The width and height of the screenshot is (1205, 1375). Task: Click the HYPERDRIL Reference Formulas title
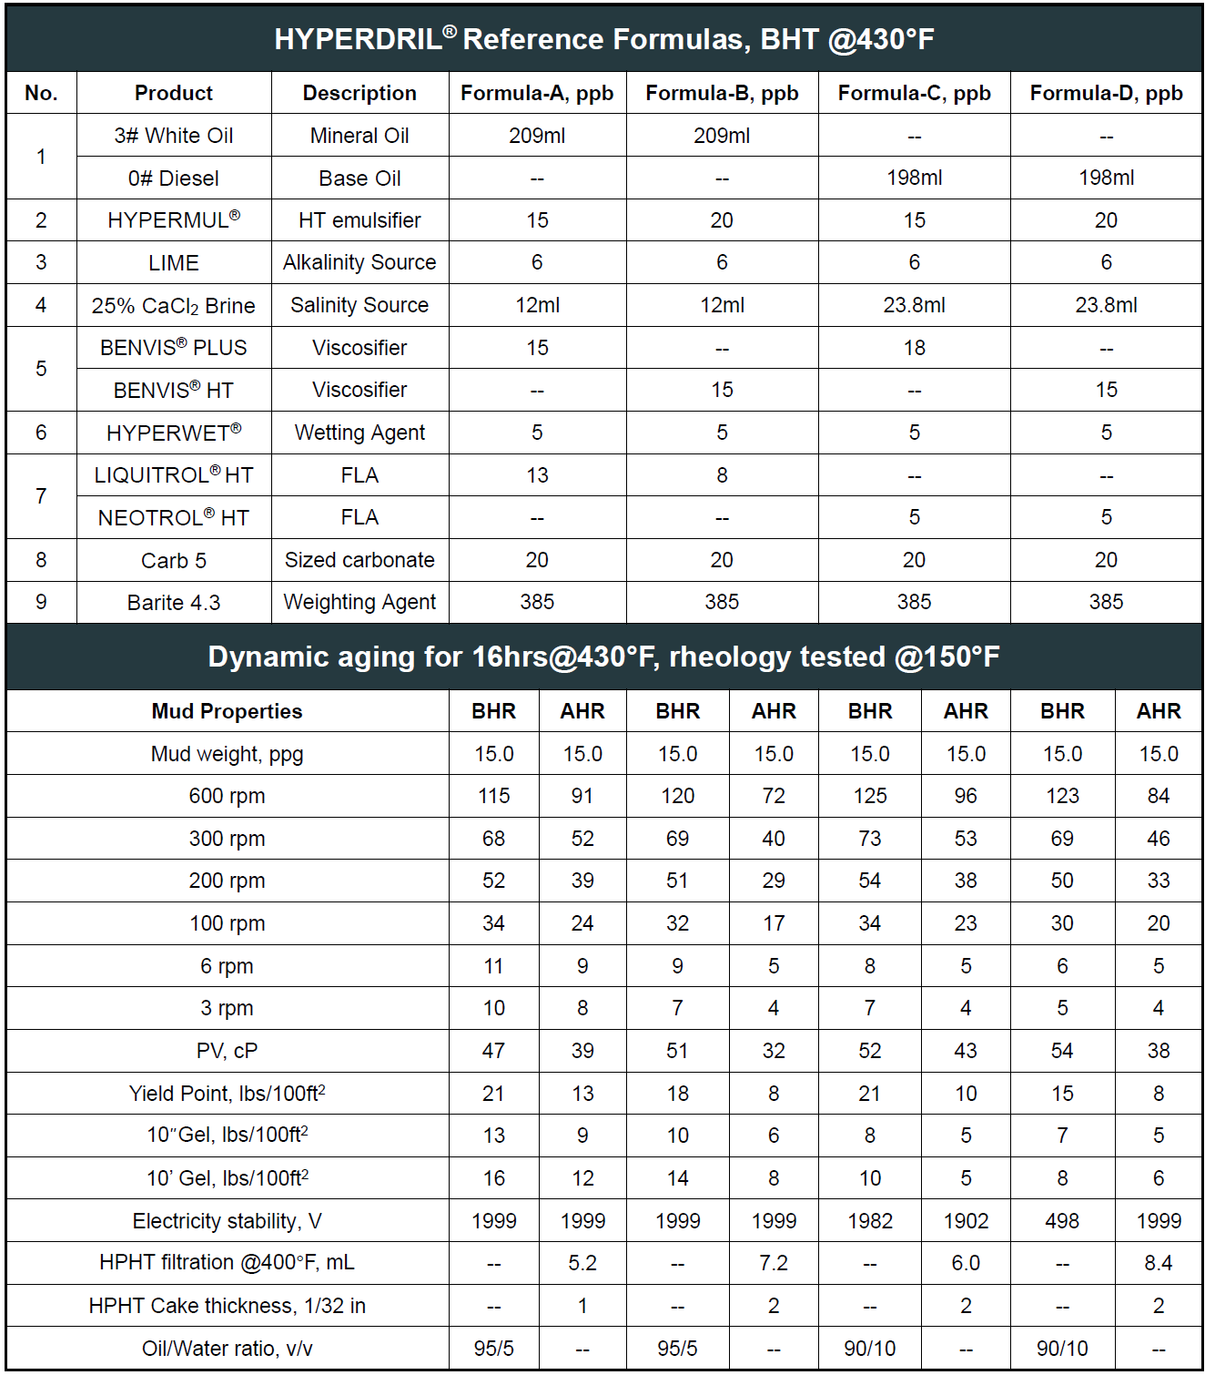click(603, 39)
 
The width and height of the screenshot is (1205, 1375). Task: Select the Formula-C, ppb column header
click(914, 93)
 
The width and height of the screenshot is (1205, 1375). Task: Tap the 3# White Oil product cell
click(173, 136)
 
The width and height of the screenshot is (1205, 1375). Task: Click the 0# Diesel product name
click(173, 178)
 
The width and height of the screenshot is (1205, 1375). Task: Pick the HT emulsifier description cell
click(359, 220)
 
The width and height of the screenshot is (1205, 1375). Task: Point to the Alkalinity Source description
click(359, 262)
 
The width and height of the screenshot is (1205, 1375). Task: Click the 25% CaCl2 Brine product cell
click(173, 306)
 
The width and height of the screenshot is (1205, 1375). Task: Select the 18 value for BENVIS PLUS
click(914, 348)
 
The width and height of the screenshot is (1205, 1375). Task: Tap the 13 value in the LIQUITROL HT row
click(537, 475)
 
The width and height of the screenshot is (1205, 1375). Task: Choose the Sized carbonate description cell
click(359, 560)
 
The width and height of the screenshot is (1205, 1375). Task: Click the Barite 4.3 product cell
click(173, 603)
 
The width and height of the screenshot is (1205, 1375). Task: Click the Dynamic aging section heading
click(603, 657)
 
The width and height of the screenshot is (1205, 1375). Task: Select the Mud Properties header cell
click(227, 711)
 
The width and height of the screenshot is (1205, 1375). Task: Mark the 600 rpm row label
click(227, 796)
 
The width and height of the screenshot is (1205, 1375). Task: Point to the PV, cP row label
click(227, 1051)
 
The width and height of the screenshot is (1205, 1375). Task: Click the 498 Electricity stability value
click(1062, 1221)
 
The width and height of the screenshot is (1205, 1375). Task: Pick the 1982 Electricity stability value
click(870, 1221)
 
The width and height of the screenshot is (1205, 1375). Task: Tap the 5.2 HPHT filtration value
click(582, 1263)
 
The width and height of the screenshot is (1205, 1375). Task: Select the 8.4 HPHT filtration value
click(1158, 1263)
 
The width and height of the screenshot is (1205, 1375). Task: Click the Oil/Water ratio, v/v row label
click(227, 1349)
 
